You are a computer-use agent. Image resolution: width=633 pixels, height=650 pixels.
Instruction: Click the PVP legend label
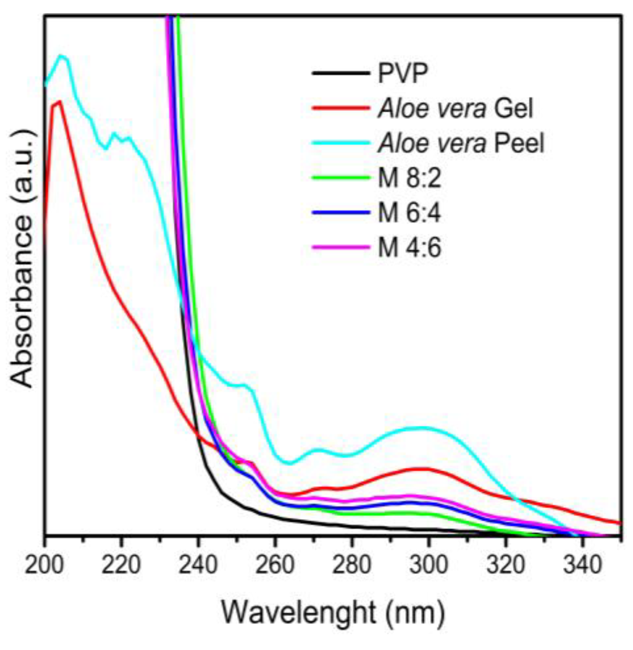click(x=402, y=73)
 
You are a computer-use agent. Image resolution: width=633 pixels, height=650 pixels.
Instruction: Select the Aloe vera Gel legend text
click(x=456, y=108)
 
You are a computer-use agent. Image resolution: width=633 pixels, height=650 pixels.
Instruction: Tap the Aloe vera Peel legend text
click(x=461, y=143)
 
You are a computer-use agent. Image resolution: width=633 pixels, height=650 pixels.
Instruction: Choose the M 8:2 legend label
click(x=409, y=178)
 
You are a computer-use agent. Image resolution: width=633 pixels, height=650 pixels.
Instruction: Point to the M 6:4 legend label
click(x=409, y=213)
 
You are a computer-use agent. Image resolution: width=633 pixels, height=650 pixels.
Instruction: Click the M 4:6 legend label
click(x=409, y=248)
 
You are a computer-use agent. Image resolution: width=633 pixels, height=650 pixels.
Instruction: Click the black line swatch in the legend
click(x=341, y=73)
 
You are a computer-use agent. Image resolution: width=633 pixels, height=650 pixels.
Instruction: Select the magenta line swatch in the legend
click(x=341, y=247)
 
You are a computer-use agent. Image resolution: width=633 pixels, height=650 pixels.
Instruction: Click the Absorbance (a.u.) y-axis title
click(x=22, y=258)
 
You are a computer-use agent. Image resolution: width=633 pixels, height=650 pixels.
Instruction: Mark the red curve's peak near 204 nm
click(x=59, y=102)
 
